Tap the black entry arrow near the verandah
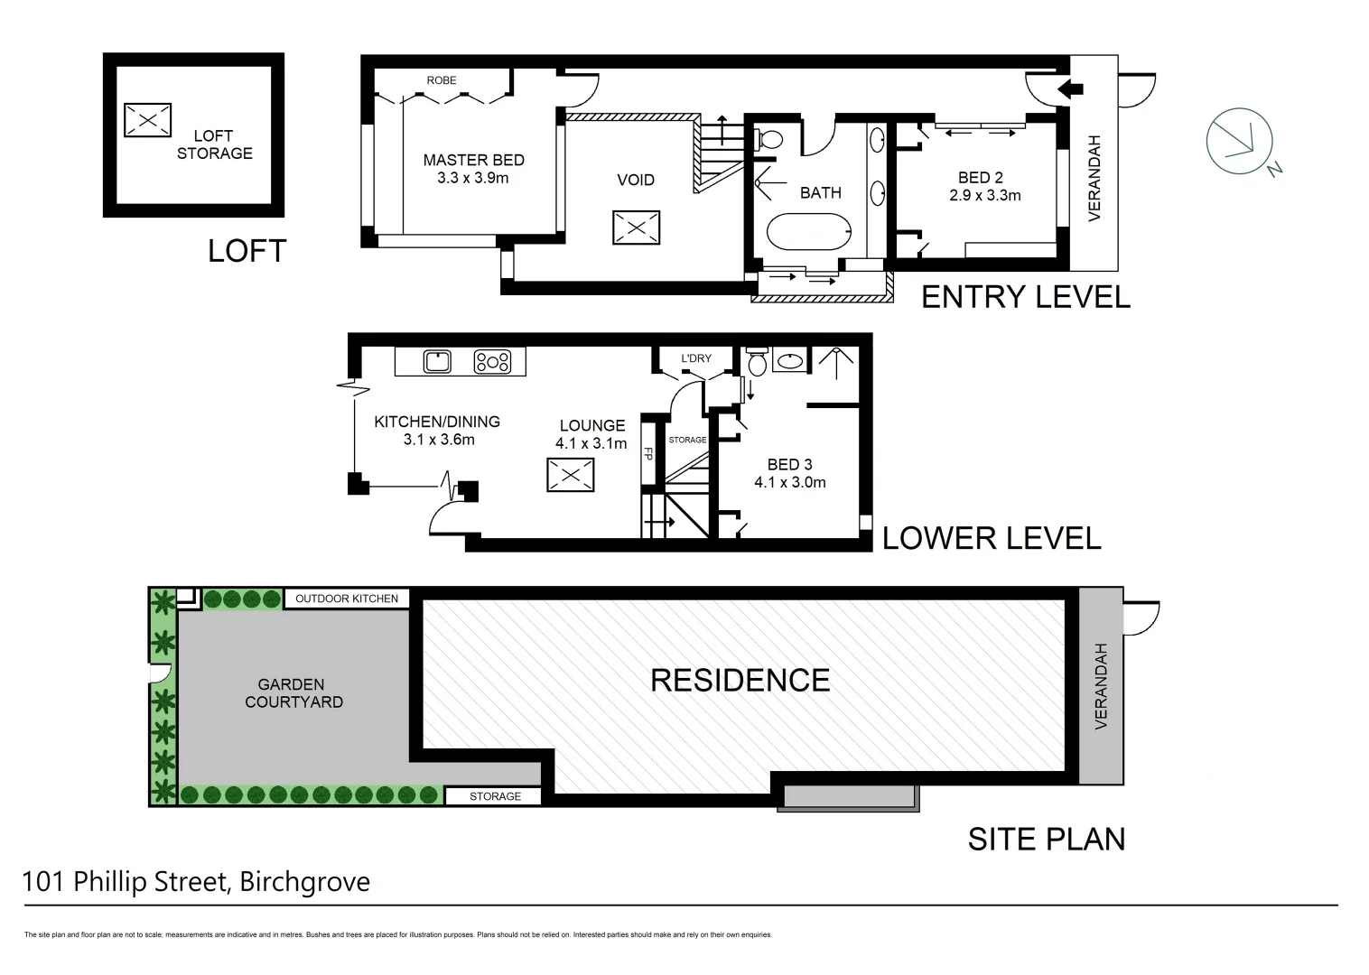point(1070,88)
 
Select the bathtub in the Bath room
point(808,232)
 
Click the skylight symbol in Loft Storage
point(147,119)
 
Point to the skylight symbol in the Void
point(636,227)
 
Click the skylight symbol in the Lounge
point(570,475)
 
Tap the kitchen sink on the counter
point(437,362)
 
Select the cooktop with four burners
point(492,362)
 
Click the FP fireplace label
point(647,454)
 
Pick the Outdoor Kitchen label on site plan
point(347,599)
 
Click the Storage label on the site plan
point(495,796)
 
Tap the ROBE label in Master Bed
point(442,80)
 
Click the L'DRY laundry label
point(695,358)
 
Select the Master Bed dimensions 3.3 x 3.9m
point(472,179)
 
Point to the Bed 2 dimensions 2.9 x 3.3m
point(984,195)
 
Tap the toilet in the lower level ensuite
point(757,363)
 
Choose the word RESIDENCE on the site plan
point(740,681)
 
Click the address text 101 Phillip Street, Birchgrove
point(196,881)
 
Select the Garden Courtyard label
point(293,693)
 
